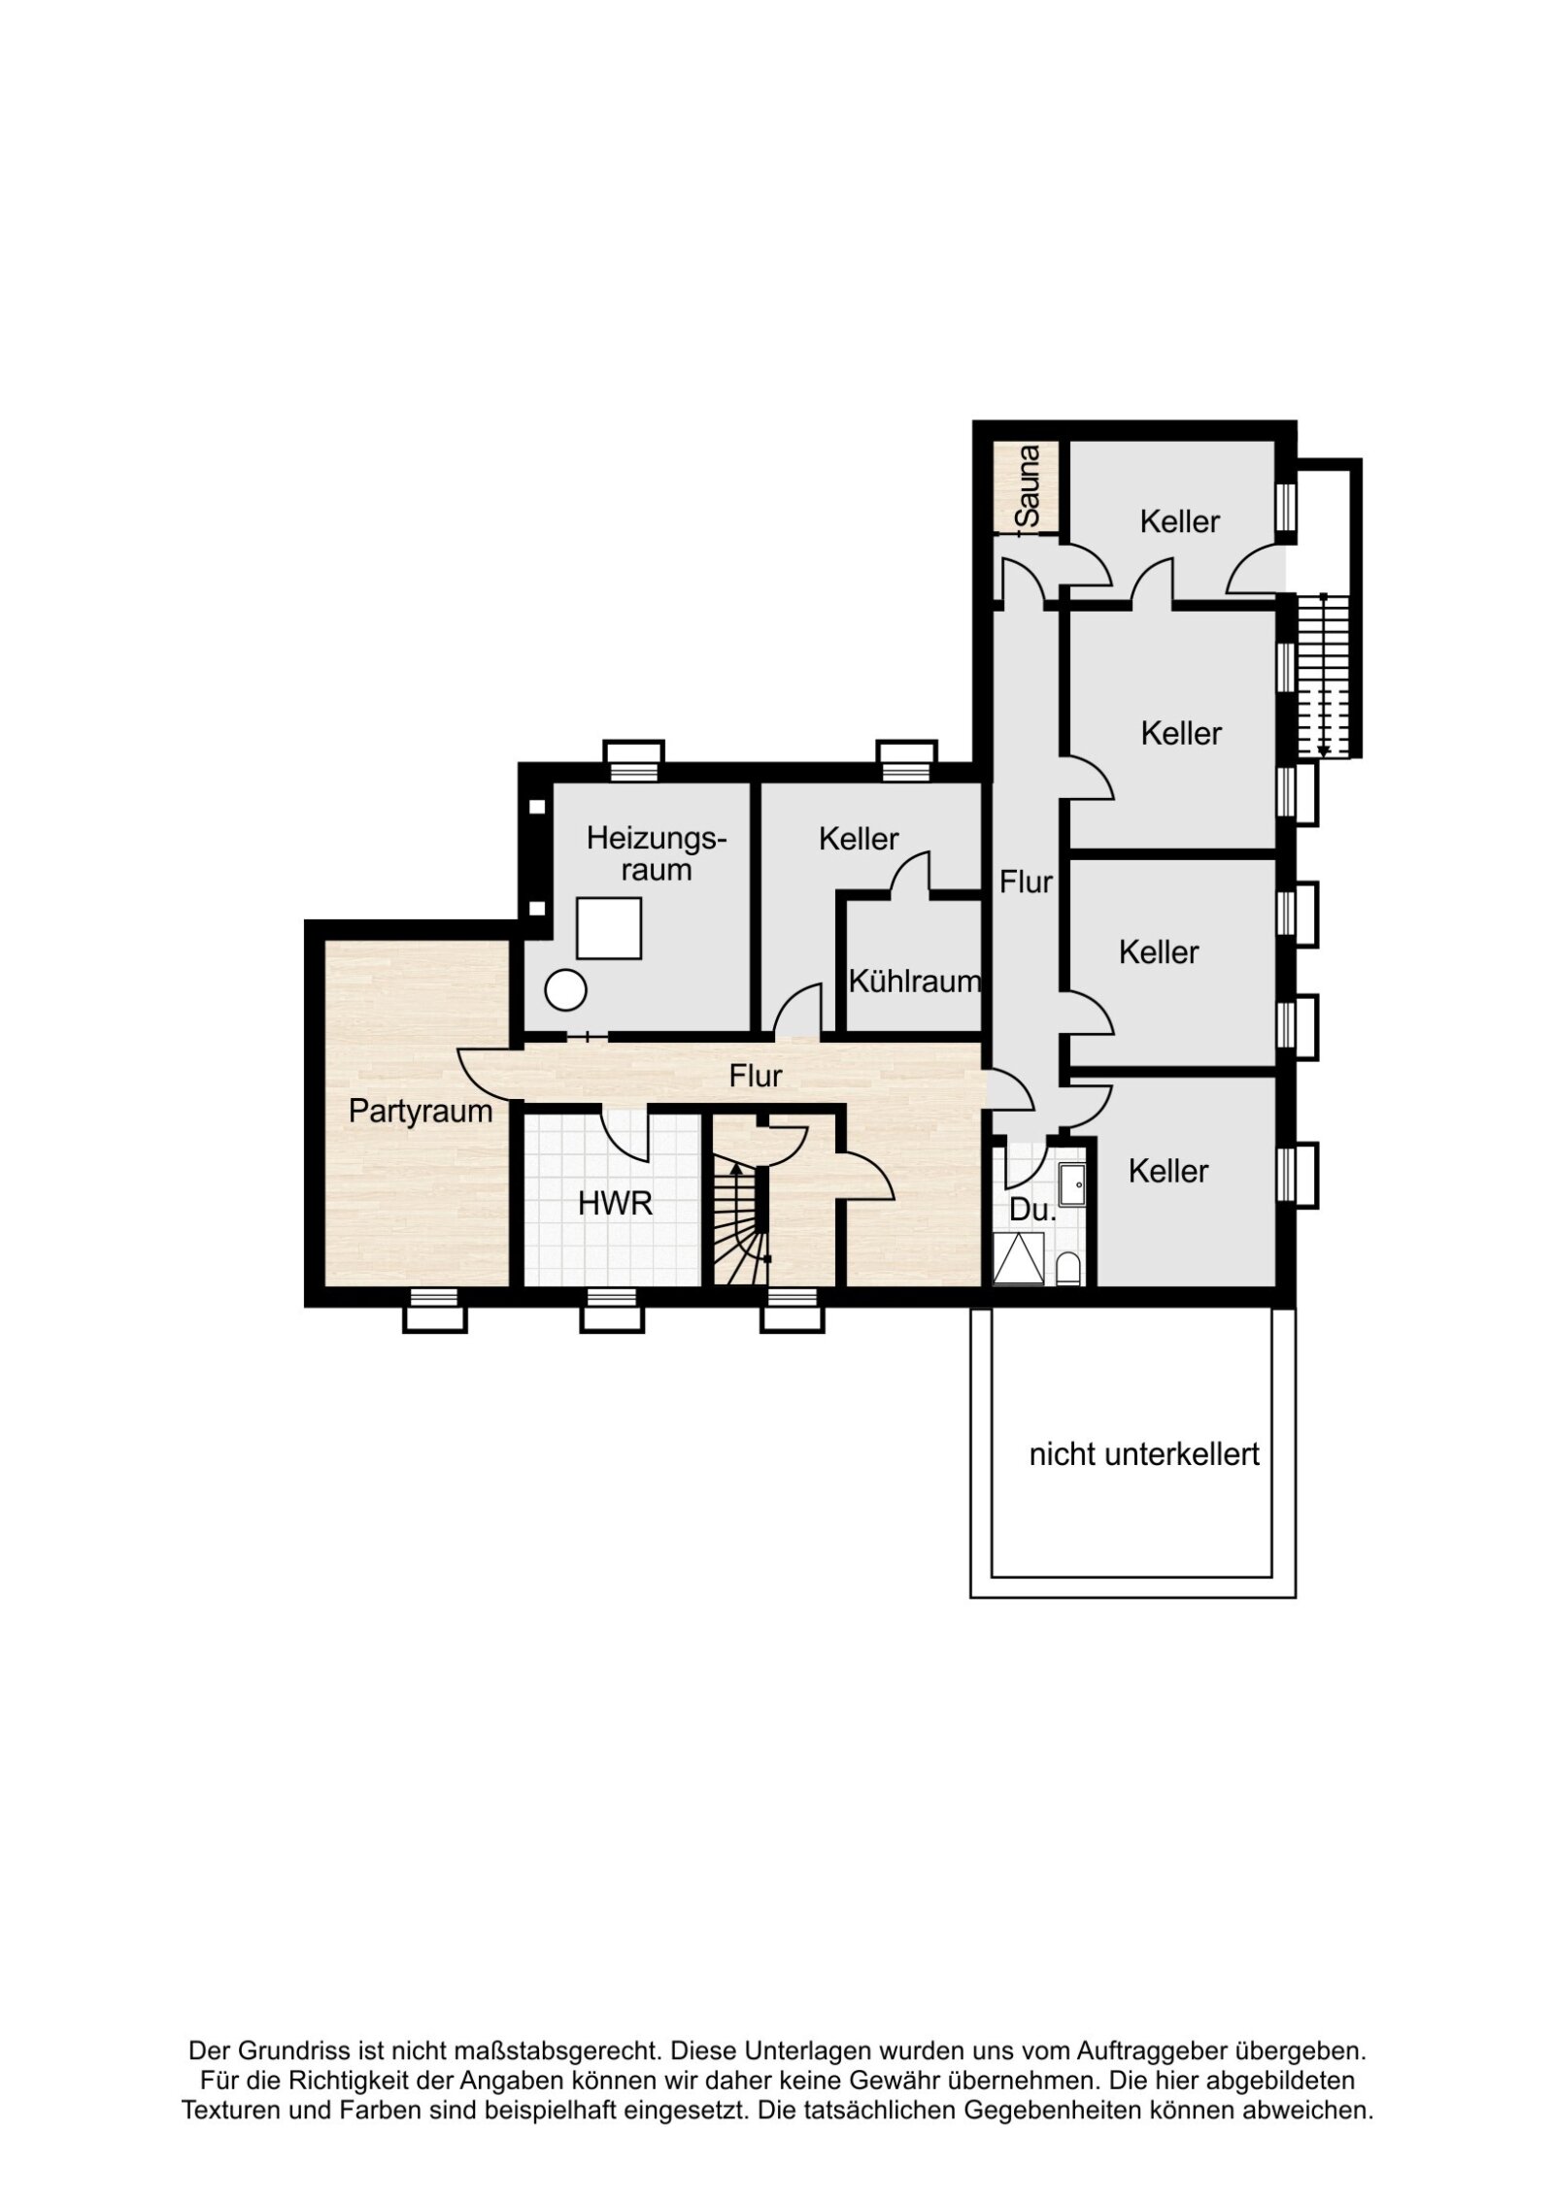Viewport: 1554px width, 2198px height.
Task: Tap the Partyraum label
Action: [x=420, y=1111]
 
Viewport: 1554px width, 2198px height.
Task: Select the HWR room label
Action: [x=615, y=1205]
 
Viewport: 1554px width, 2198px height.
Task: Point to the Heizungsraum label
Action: [x=656, y=853]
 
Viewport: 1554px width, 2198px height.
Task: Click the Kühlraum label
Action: [x=914, y=982]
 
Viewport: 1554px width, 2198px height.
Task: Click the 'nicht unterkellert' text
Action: [x=1143, y=1482]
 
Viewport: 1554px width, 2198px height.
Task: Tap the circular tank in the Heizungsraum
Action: [x=565, y=990]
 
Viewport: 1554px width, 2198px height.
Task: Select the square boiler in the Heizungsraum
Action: [x=609, y=928]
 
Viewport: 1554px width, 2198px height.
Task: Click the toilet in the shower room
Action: [x=1067, y=1267]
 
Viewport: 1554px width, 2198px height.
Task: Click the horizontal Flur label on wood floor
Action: [x=755, y=1076]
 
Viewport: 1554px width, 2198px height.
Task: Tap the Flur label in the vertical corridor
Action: [x=1026, y=882]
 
